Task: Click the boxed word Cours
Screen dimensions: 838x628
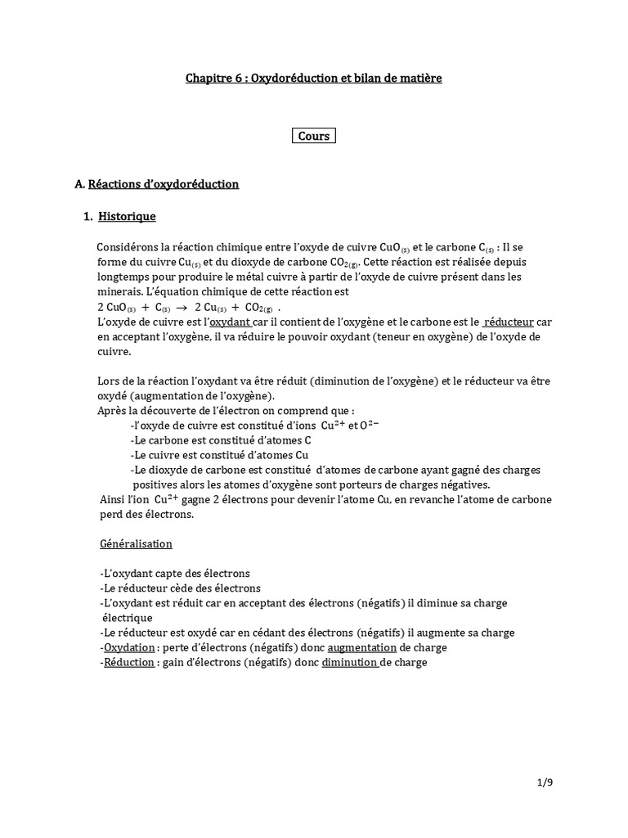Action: click(314, 136)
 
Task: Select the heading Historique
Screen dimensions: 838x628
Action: click(127, 217)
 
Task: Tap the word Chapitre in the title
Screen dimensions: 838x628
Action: click(208, 78)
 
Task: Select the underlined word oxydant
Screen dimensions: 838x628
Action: click(232, 323)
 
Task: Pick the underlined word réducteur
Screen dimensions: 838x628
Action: click(509, 323)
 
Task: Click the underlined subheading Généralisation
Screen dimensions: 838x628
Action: click(136, 543)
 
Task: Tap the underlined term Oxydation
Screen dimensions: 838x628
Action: click(128, 647)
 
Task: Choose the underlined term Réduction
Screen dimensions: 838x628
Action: click(129, 663)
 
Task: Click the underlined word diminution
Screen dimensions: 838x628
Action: click(351, 663)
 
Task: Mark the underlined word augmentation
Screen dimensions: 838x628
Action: click(362, 647)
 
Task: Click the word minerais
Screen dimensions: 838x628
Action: click(119, 291)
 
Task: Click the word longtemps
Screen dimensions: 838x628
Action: click(123, 277)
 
